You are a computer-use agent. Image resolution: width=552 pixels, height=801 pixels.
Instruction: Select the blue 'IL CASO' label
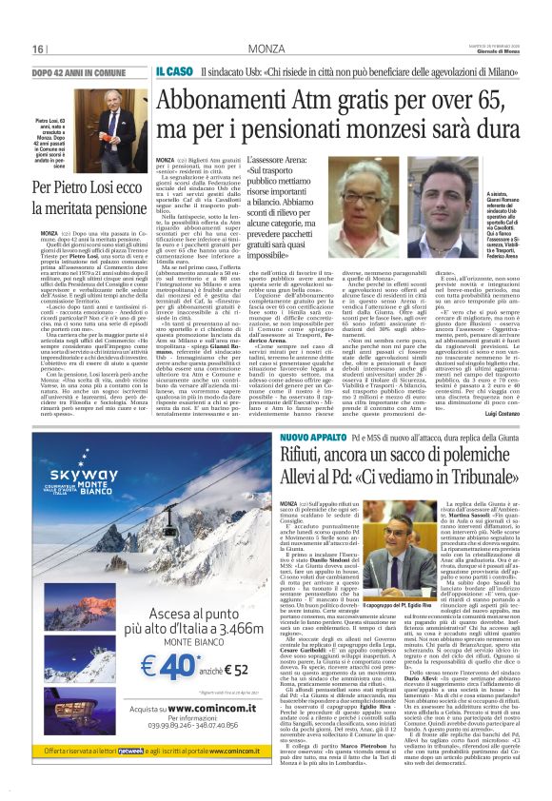pyautogui.click(x=176, y=71)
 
